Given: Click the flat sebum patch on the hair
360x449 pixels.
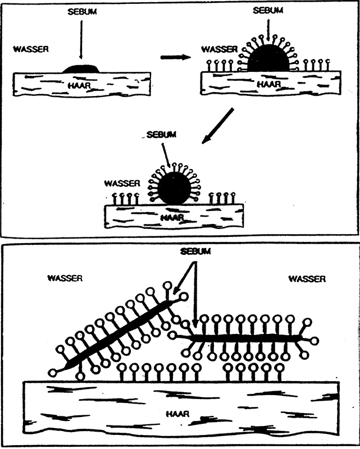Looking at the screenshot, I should click(81, 69).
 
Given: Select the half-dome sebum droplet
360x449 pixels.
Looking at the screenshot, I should click(268, 58).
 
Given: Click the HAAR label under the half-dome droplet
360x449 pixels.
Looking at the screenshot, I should click(268, 83).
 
